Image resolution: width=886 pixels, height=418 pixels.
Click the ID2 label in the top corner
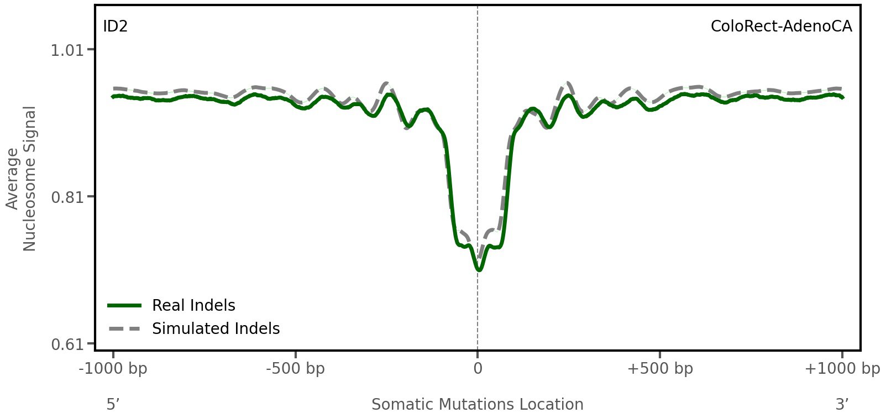(x=115, y=26)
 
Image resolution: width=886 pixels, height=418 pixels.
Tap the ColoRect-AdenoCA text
(x=781, y=26)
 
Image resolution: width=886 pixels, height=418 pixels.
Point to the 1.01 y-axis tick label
(x=67, y=50)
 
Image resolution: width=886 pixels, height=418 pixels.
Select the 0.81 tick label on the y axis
(x=67, y=197)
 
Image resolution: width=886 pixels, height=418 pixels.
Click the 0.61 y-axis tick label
(x=67, y=344)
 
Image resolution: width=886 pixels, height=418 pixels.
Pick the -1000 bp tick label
(x=113, y=369)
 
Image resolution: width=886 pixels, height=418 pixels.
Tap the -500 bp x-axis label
(x=295, y=369)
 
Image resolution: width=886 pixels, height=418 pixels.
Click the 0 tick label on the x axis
(x=478, y=369)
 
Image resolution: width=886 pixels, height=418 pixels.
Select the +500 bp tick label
(x=660, y=369)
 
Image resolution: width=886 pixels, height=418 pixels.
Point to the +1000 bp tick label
(x=842, y=369)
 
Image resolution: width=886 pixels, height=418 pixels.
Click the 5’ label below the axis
(x=113, y=404)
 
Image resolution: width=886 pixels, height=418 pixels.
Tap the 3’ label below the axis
(x=842, y=404)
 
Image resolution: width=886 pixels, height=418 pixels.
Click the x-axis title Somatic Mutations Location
(x=478, y=404)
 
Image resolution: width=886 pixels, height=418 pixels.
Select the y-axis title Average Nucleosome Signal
(x=21, y=179)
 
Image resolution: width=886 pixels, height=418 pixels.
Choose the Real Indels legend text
(x=193, y=305)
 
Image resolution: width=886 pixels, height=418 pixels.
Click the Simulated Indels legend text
(x=216, y=328)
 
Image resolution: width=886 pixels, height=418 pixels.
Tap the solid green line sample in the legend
(x=125, y=305)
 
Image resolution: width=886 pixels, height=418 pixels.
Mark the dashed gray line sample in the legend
(x=125, y=329)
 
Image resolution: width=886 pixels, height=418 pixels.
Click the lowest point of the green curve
(x=479, y=270)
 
